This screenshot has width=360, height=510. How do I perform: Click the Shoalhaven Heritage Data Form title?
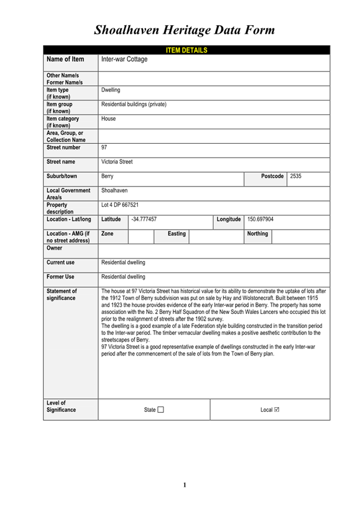(x=185, y=29)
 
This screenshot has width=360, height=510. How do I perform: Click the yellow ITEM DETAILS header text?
(x=186, y=50)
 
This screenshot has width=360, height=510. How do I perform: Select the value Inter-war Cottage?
(x=124, y=60)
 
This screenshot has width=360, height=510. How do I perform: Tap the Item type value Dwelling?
(x=111, y=90)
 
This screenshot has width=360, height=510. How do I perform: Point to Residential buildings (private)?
(x=134, y=105)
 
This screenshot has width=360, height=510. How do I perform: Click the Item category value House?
(x=109, y=119)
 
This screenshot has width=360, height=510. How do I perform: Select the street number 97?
(x=105, y=147)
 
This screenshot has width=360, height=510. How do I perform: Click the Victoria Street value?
(x=117, y=162)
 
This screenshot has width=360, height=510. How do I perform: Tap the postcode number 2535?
(x=296, y=176)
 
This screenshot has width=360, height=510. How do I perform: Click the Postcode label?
(x=272, y=176)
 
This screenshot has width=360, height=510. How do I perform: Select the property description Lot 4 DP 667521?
(x=120, y=205)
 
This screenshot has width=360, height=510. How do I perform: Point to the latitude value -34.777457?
(x=144, y=220)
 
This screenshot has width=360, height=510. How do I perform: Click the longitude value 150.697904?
(x=260, y=220)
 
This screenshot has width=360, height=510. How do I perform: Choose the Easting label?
(x=176, y=233)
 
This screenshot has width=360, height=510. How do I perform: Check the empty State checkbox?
(x=160, y=410)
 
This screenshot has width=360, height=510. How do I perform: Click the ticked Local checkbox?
(x=276, y=410)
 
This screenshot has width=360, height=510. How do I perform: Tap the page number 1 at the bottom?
(x=185, y=485)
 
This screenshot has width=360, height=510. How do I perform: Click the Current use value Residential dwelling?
(x=123, y=262)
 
